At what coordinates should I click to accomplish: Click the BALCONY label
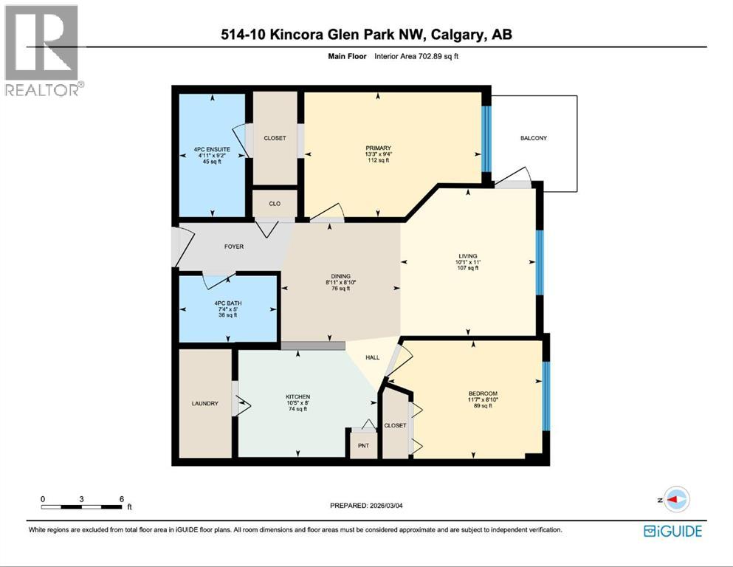coord(534,138)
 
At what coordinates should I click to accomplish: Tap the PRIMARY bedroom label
coord(378,148)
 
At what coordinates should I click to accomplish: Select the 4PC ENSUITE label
coord(213,149)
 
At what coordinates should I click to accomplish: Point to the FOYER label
coord(234,247)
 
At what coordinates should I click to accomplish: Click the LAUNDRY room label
coord(204,403)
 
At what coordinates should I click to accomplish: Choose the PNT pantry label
coord(363,445)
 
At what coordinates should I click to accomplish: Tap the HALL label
coord(373,357)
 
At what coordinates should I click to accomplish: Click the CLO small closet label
coord(275,203)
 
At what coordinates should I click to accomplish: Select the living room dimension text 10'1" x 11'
coord(468,262)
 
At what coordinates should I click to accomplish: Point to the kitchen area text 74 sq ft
coord(297,409)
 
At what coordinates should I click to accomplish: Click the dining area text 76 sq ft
coord(341,289)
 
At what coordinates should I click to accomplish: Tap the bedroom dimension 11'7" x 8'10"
coord(483,399)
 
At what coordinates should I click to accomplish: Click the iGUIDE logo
coord(672,531)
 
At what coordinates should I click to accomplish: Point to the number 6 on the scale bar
coord(122,499)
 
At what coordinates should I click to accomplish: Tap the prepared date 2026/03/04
coord(386,505)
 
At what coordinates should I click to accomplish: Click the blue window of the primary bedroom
coord(486,139)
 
